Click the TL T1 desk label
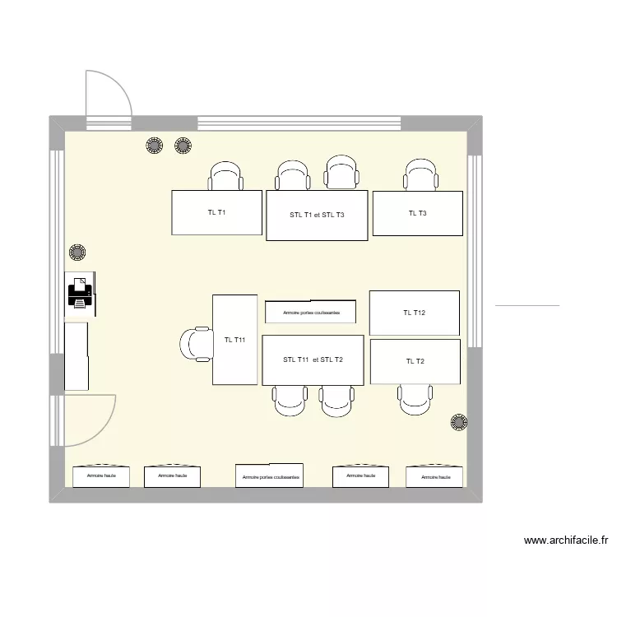(x=216, y=213)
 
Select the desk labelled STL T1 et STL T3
(x=316, y=216)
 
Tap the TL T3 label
(x=417, y=213)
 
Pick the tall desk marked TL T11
(x=235, y=340)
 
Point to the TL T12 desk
(x=414, y=313)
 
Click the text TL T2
(x=415, y=362)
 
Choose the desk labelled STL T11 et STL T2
(x=312, y=360)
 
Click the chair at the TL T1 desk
(x=226, y=177)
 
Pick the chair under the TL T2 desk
(x=415, y=399)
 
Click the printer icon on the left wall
(x=80, y=292)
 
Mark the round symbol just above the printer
(x=78, y=252)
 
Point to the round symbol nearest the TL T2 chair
(x=457, y=422)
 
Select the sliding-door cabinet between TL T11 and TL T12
(x=310, y=313)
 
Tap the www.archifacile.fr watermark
(x=565, y=540)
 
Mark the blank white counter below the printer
(x=77, y=355)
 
